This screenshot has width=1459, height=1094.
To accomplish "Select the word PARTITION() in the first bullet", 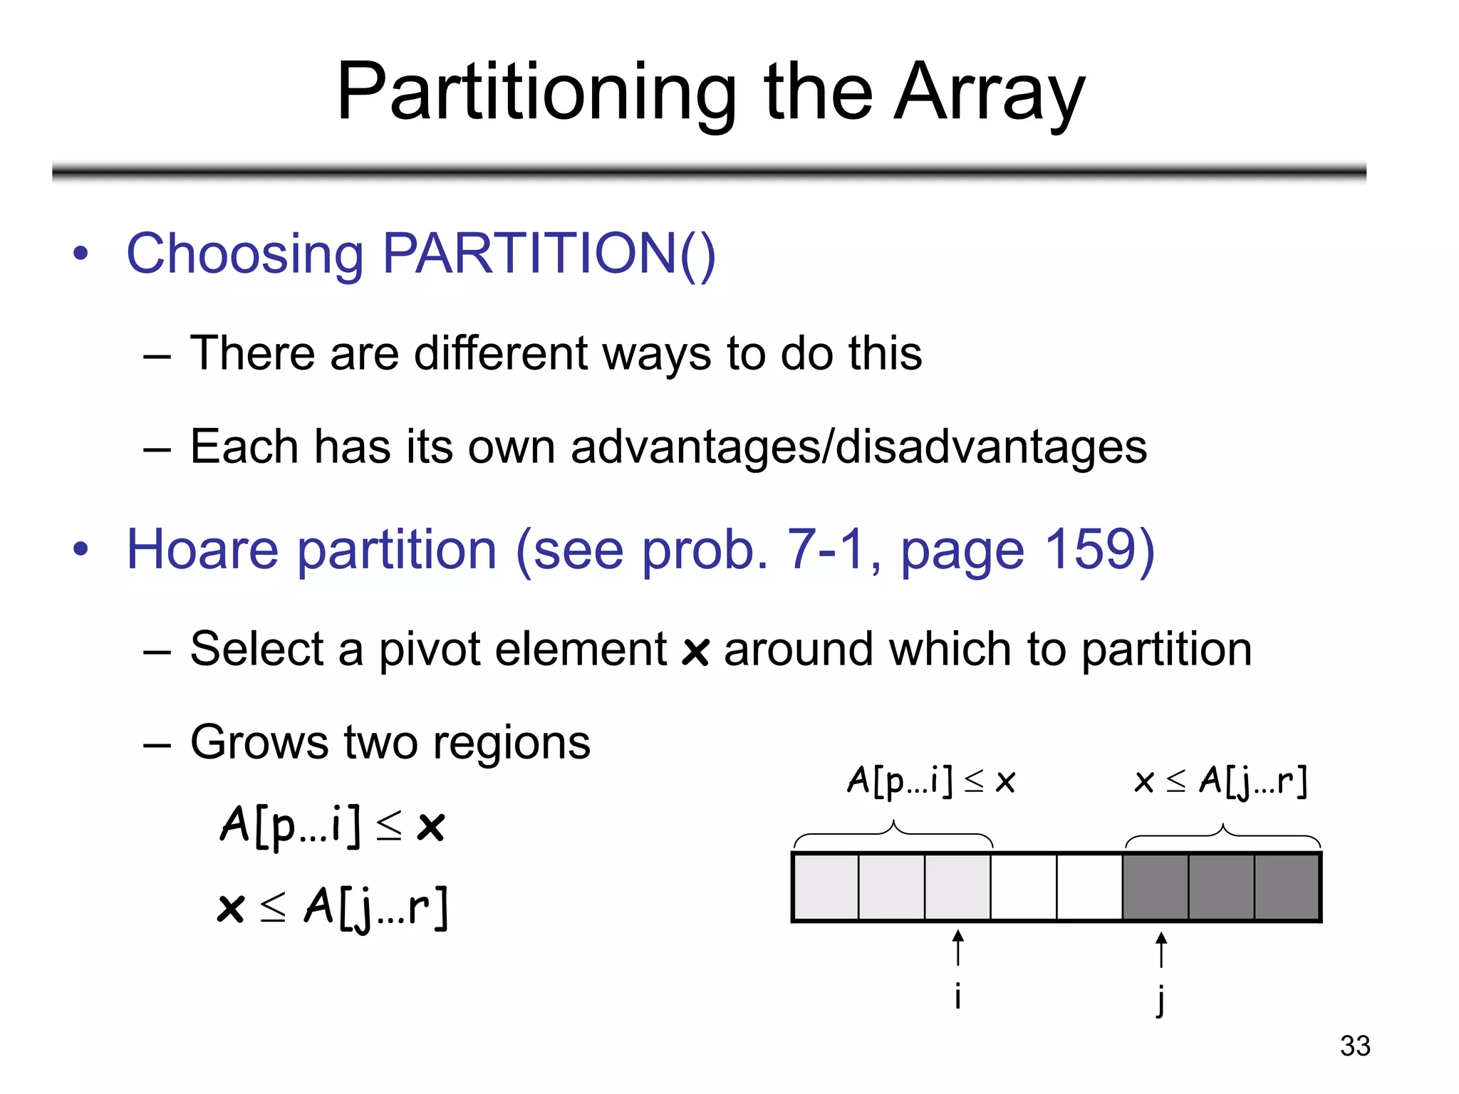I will [x=549, y=254].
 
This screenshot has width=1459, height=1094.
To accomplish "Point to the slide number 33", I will [x=1354, y=1046].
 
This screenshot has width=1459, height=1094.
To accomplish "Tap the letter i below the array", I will [x=958, y=996].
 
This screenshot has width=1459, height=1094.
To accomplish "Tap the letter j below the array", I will [x=1161, y=999].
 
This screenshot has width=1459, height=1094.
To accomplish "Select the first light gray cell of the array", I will [x=826, y=887].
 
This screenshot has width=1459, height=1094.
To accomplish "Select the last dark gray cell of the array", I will [x=1286, y=887].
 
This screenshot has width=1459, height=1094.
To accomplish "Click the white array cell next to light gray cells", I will [x=1024, y=887].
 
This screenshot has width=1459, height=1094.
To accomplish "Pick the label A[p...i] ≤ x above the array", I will [x=930, y=781].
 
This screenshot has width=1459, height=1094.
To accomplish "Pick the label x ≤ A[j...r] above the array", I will [x=1220, y=781].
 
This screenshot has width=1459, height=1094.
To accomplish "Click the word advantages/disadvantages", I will [x=858, y=447].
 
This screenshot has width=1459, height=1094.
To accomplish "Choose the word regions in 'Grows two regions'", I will [x=512, y=742].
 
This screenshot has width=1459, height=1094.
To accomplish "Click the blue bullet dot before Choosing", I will [x=81, y=254].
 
